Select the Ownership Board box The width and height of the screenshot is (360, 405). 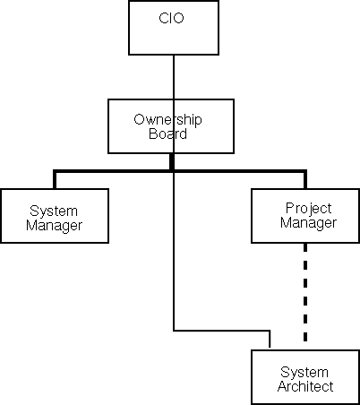tap(161, 126)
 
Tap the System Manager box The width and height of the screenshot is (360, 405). tap(54, 216)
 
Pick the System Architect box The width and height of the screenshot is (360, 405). tap(304, 378)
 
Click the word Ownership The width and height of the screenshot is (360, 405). tap(161, 119)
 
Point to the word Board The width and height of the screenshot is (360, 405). tap(161, 134)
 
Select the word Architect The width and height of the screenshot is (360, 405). tap(304, 386)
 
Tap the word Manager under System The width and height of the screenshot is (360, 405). tap(54, 225)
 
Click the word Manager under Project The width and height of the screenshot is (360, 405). tap(307, 222)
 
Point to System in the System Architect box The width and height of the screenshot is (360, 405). tap(304, 371)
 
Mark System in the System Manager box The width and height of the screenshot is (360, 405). tap(54, 211)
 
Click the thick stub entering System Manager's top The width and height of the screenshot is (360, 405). tap(55, 179)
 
